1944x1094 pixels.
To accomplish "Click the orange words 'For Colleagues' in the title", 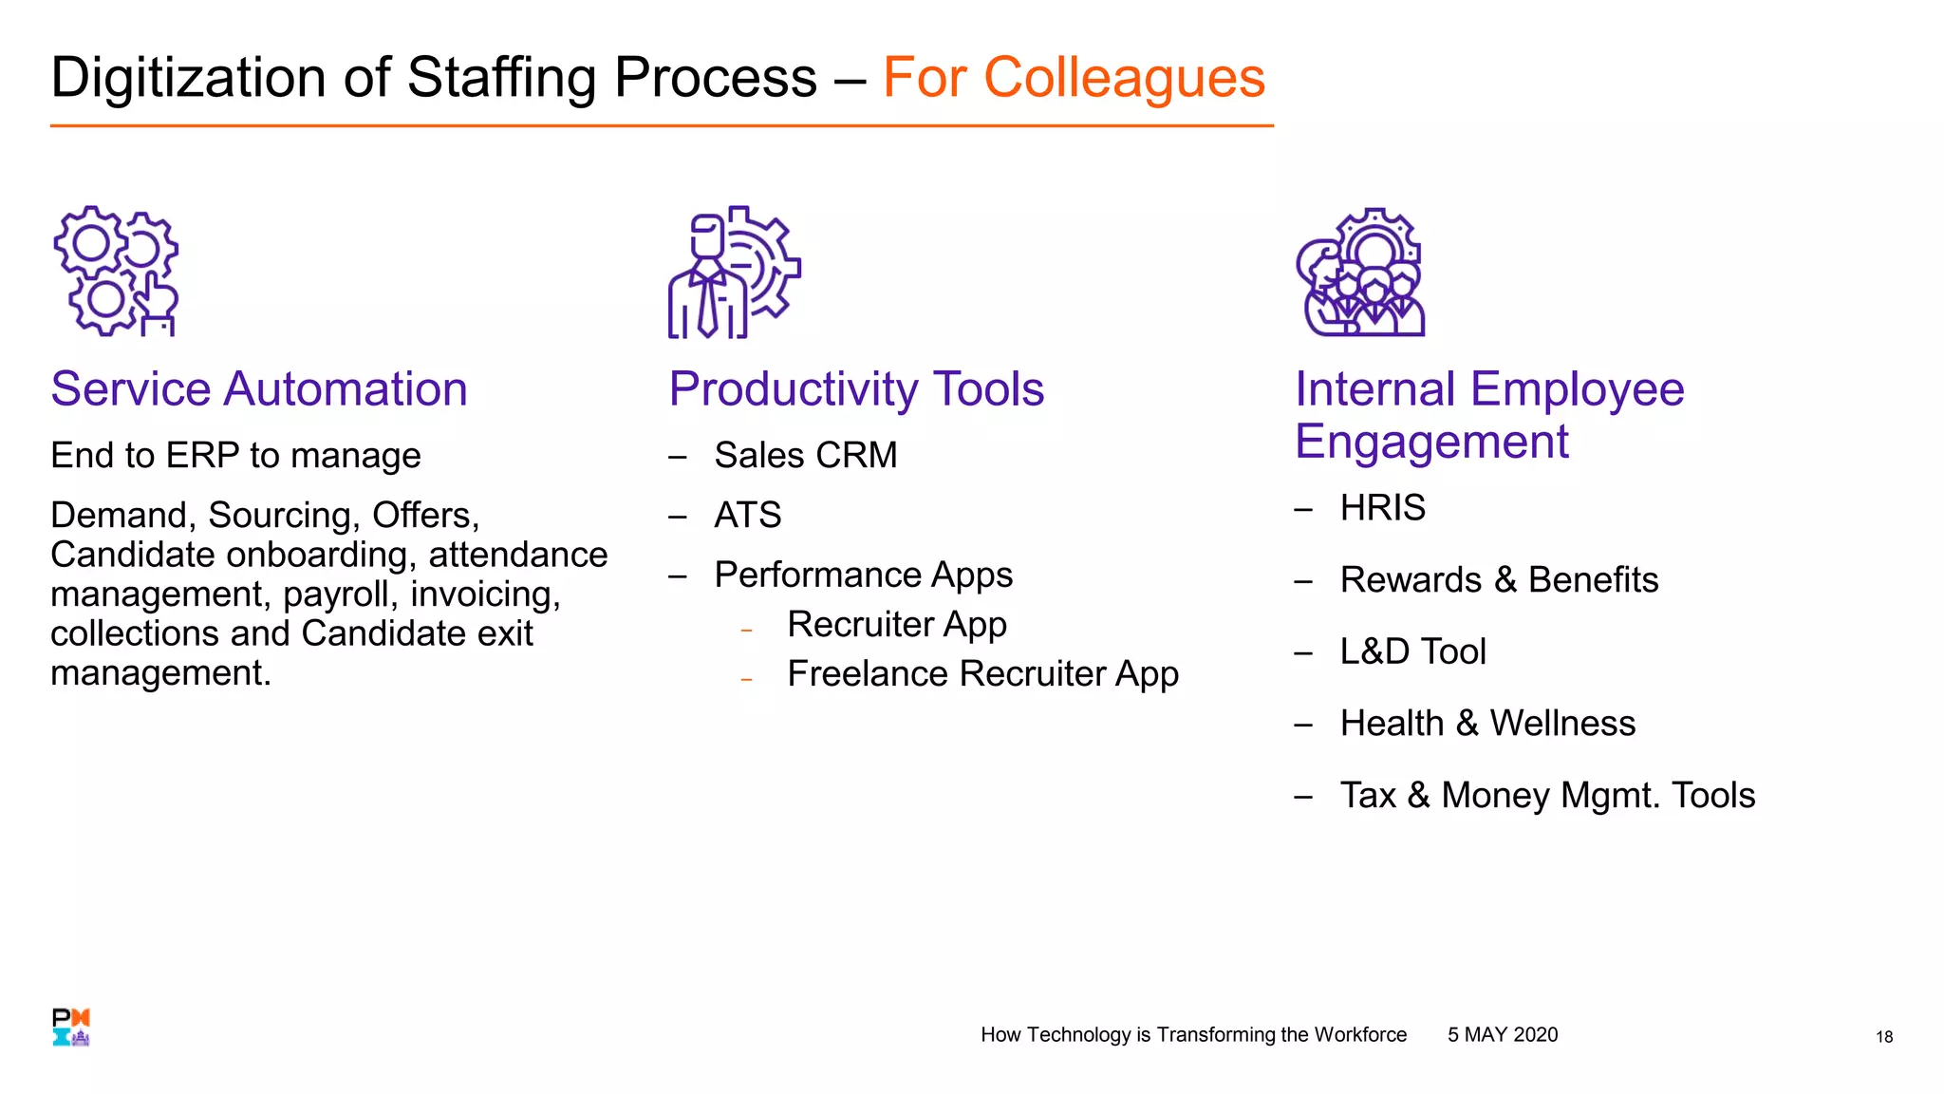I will tap(1073, 78).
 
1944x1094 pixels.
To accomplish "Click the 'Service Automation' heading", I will tap(259, 389).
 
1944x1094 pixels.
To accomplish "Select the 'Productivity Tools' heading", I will tap(856, 389).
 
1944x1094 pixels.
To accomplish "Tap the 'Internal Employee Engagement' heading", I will tap(1488, 415).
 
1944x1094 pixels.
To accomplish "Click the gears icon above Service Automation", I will tap(116, 272).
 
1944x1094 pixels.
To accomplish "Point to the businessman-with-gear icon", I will tap(734, 273).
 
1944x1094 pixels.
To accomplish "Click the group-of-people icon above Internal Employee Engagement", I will tap(1360, 273).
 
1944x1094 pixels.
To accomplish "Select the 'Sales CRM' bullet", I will tap(805, 456).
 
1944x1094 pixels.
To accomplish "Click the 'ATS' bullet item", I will tap(747, 516).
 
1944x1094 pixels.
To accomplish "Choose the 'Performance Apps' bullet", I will tap(863, 575).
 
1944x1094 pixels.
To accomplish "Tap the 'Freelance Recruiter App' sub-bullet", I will tap(982, 674).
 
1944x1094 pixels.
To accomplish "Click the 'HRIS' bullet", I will tap(1382, 508).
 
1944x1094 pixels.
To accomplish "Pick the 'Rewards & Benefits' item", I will tap(1498, 580).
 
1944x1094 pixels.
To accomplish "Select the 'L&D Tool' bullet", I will tap(1412, 651).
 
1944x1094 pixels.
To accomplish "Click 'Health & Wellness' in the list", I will tap(1486, 724).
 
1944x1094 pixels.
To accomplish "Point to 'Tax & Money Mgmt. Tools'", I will tap(1546, 796).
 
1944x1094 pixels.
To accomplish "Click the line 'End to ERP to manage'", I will tap(235, 456).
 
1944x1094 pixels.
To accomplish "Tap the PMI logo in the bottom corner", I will tap(71, 1028).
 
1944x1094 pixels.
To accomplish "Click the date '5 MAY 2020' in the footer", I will tap(1502, 1035).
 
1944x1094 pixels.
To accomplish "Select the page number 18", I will tap(1883, 1037).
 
